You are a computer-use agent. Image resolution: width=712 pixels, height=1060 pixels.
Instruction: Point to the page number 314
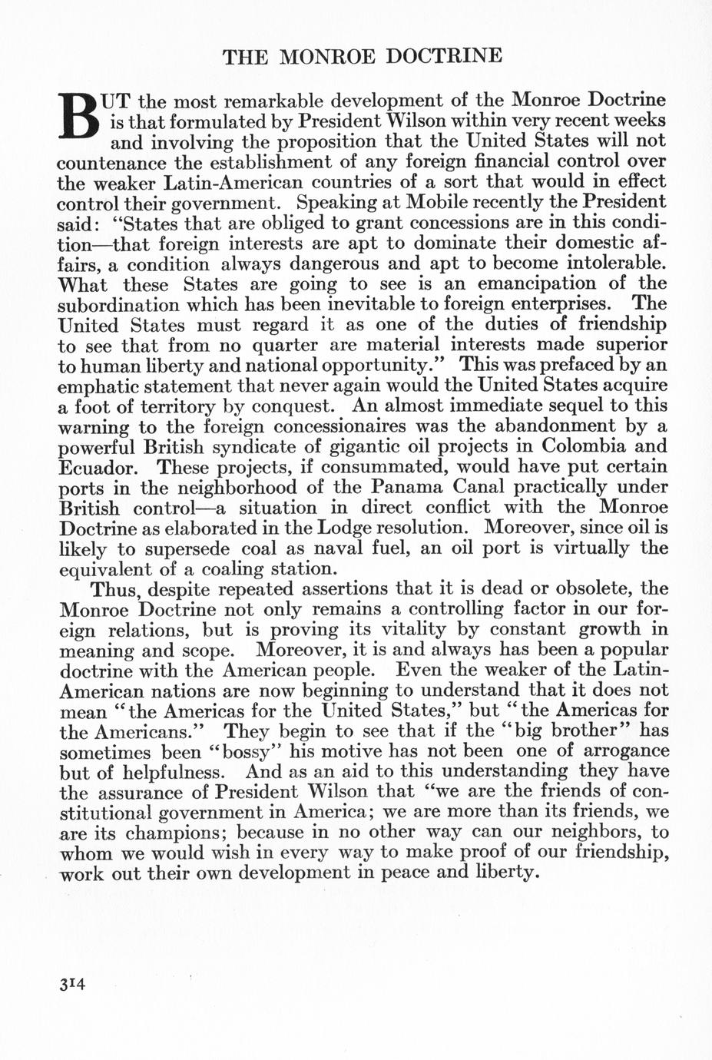tap(71, 984)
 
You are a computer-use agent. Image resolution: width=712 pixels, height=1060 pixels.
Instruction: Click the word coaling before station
tap(238, 568)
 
